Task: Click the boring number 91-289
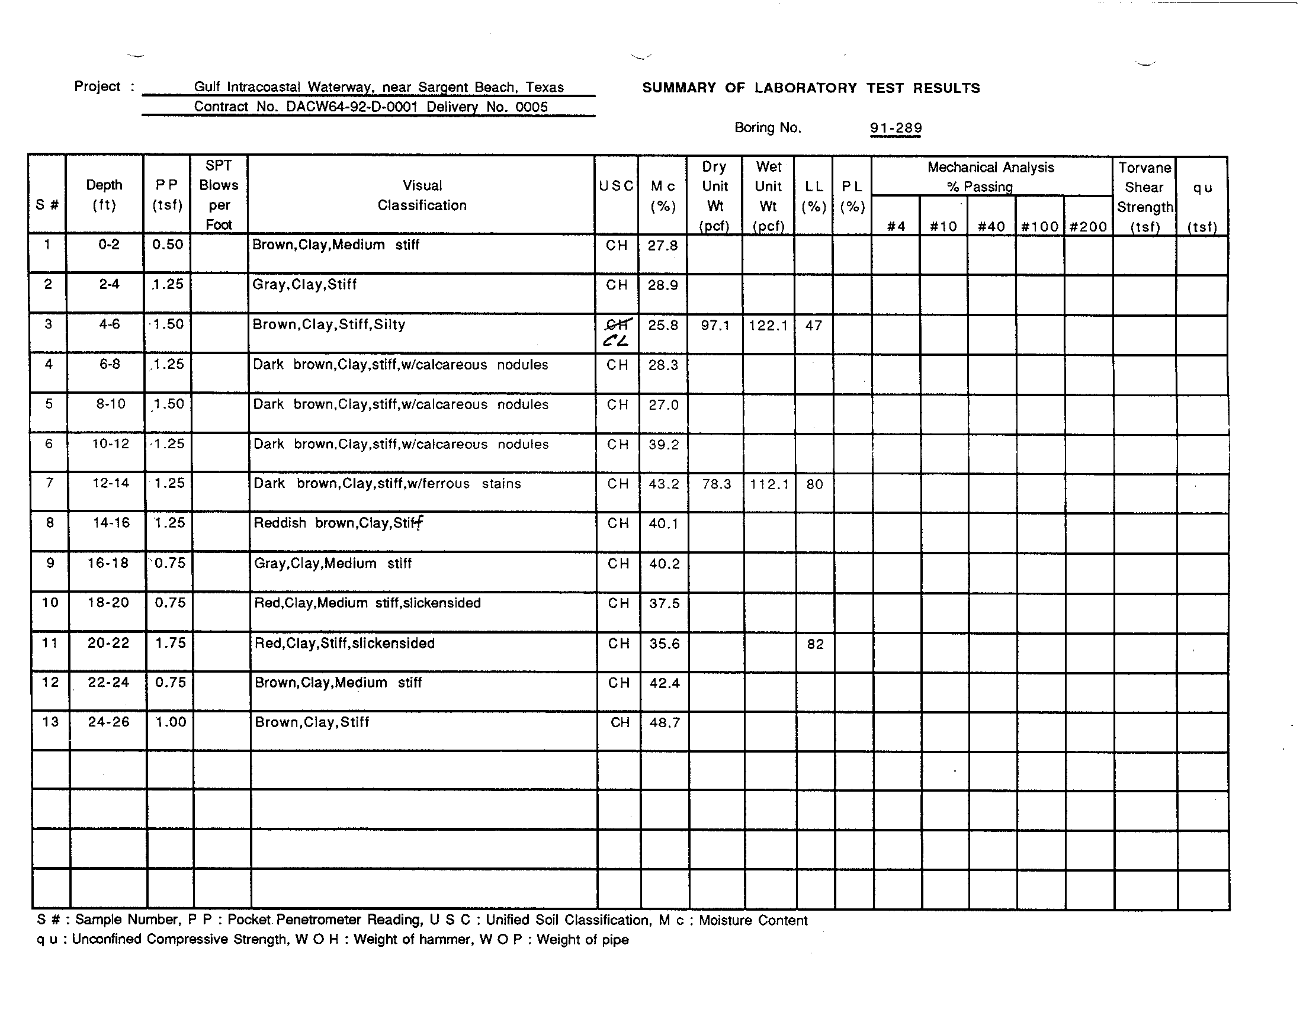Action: point(896,128)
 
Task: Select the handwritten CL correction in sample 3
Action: point(616,341)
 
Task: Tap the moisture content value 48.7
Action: point(664,723)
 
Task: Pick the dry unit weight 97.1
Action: point(715,326)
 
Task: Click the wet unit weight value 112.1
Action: point(769,484)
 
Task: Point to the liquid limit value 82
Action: point(815,644)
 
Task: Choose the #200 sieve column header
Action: point(1088,227)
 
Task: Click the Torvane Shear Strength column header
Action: point(1144,197)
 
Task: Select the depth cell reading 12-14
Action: point(110,483)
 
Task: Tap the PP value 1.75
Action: point(170,643)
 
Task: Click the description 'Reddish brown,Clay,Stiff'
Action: point(338,523)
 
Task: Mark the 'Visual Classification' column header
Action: point(422,195)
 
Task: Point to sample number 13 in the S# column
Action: point(51,722)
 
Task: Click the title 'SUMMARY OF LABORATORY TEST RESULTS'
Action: point(811,88)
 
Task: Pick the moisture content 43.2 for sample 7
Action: point(663,484)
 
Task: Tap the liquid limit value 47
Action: point(814,326)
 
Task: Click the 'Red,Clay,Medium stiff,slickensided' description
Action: point(367,603)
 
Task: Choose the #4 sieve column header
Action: point(896,227)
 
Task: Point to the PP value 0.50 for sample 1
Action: point(167,245)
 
